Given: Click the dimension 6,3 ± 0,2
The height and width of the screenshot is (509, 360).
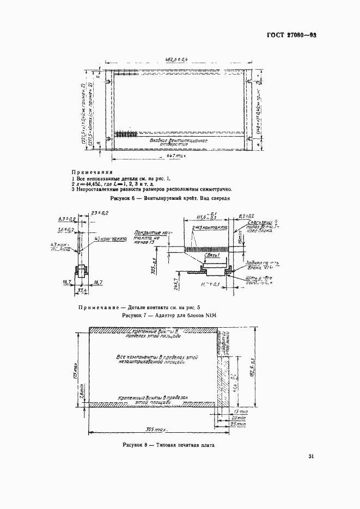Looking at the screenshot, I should pyautogui.click(x=67, y=219).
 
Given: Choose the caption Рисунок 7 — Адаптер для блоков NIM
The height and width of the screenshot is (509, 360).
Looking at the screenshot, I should pyautogui.click(x=170, y=315).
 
